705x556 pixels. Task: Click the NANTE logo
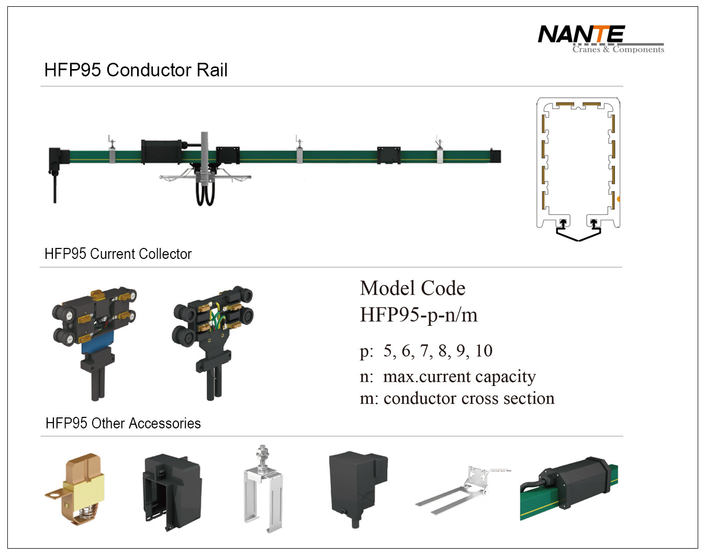(581, 35)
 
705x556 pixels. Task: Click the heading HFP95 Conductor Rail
(136, 70)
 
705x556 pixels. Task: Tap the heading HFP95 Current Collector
(118, 254)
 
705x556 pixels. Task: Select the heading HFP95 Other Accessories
(123, 423)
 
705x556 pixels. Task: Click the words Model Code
(412, 288)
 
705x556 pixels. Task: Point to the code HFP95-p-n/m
(418, 315)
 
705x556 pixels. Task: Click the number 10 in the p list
(484, 351)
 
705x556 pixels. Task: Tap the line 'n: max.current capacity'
(447, 377)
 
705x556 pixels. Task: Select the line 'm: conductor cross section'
(457, 399)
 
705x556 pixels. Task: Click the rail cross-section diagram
(578, 167)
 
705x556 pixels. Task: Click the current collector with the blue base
(95, 341)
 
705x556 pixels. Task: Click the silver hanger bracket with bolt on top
(263, 489)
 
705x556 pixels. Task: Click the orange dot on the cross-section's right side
(619, 199)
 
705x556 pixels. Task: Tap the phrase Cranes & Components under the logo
(618, 50)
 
